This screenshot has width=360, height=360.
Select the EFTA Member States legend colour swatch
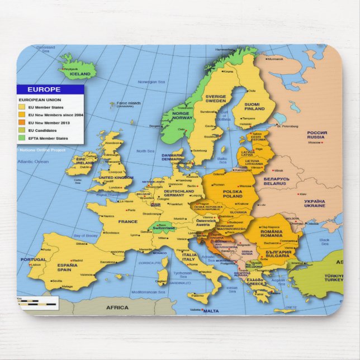tap(22, 138)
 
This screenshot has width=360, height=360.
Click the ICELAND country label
tap(79, 74)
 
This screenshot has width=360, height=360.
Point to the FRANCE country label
tap(127, 221)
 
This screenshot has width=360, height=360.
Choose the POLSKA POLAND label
tap(233, 194)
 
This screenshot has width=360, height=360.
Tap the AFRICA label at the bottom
tap(117, 307)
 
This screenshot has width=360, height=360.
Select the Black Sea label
tap(325, 241)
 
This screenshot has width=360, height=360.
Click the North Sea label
tap(145, 151)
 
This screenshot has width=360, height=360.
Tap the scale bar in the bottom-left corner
tap(37, 304)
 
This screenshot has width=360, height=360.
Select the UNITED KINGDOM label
tap(116, 177)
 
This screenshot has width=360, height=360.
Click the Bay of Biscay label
tap(85, 236)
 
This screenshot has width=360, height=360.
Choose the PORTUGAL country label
tap(34, 259)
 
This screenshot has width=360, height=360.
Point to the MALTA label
tap(211, 311)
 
